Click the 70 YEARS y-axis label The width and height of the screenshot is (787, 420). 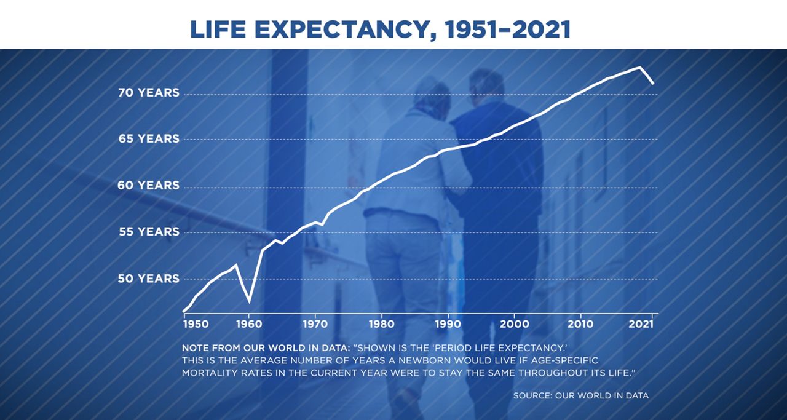pyautogui.click(x=149, y=93)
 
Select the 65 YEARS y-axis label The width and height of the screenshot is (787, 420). pyautogui.click(x=149, y=139)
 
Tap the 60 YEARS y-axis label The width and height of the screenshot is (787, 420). pyautogui.click(x=148, y=185)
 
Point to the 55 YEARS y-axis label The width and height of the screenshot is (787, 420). pyautogui.click(x=149, y=232)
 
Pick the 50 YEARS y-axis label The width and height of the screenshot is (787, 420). pyautogui.click(x=148, y=279)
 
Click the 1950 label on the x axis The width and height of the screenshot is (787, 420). pyautogui.click(x=196, y=324)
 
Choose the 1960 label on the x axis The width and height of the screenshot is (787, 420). pyautogui.click(x=249, y=324)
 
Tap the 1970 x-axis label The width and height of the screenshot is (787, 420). pyautogui.click(x=315, y=324)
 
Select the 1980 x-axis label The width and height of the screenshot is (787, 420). pyautogui.click(x=382, y=324)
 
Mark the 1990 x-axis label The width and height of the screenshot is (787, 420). pyautogui.click(x=448, y=324)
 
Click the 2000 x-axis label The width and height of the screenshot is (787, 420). pyautogui.click(x=515, y=324)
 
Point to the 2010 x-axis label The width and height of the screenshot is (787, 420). pyautogui.click(x=580, y=324)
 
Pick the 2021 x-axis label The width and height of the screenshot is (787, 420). pyautogui.click(x=641, y=324)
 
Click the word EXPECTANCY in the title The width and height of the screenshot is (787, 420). pyautogui.click(x=344, y=30)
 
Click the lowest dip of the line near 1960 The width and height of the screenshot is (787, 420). pyautogui.click(x=249, y=301)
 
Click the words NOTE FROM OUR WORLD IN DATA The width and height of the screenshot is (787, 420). pyautogui.click(x=266, y=348)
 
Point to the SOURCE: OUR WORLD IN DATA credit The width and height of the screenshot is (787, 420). pyautogui.click(x=581, y=395)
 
